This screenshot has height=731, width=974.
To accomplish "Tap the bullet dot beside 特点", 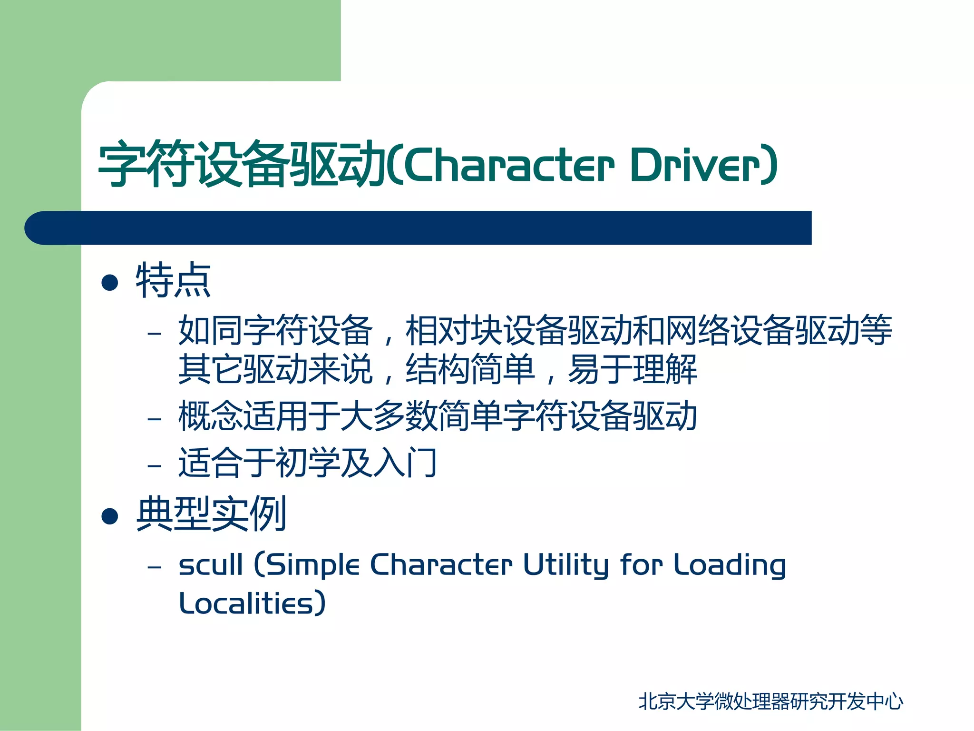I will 110,282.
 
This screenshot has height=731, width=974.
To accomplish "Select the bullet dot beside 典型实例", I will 110,516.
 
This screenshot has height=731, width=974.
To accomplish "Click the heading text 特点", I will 173,281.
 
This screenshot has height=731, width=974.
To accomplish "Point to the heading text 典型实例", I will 211,514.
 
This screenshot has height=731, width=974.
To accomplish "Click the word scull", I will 211,565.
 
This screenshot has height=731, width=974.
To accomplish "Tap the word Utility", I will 566,566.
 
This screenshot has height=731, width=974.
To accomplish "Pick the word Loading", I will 730,566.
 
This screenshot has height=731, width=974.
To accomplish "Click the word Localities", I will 247,603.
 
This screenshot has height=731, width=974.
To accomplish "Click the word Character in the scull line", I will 441,565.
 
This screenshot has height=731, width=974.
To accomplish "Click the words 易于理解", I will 633,369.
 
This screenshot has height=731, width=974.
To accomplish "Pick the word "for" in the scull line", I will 642,565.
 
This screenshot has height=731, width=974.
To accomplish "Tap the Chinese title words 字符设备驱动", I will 242,164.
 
